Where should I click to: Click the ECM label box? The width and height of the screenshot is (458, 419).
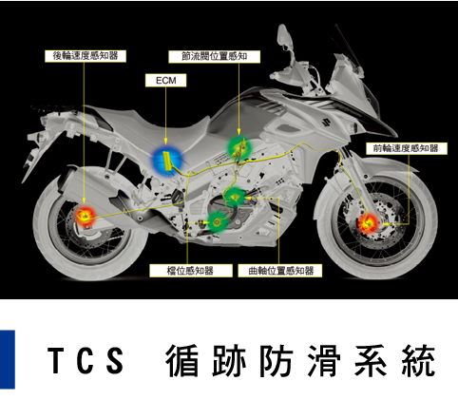click(165, 81)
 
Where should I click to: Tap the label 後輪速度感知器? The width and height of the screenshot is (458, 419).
click(86, 56)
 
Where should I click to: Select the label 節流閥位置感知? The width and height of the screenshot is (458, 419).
click(215, 57)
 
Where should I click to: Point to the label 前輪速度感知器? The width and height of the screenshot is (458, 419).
click(407, 148)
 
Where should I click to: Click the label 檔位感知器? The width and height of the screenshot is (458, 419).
click(191, 271)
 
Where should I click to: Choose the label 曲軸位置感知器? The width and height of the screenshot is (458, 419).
click(280, 271)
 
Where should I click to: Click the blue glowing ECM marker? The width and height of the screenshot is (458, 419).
click(167, 161)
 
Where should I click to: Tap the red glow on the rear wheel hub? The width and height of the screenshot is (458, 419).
click(85, 217)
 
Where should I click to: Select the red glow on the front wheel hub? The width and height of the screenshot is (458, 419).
click(370, 223)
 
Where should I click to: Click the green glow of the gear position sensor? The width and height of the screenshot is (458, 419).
click(218, 222)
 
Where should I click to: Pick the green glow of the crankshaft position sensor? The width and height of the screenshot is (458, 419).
click(235, 198)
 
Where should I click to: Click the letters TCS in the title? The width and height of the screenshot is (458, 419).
click(86, 360)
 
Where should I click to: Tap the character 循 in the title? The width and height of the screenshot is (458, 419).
click(182, 360)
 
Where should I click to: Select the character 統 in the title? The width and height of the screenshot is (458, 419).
click(419, 360)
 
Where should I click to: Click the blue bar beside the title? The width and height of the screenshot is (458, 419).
click(8, 359)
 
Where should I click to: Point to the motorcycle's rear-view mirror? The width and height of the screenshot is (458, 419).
click(283, 35)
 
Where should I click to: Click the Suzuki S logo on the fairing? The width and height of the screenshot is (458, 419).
click(326, 122)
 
